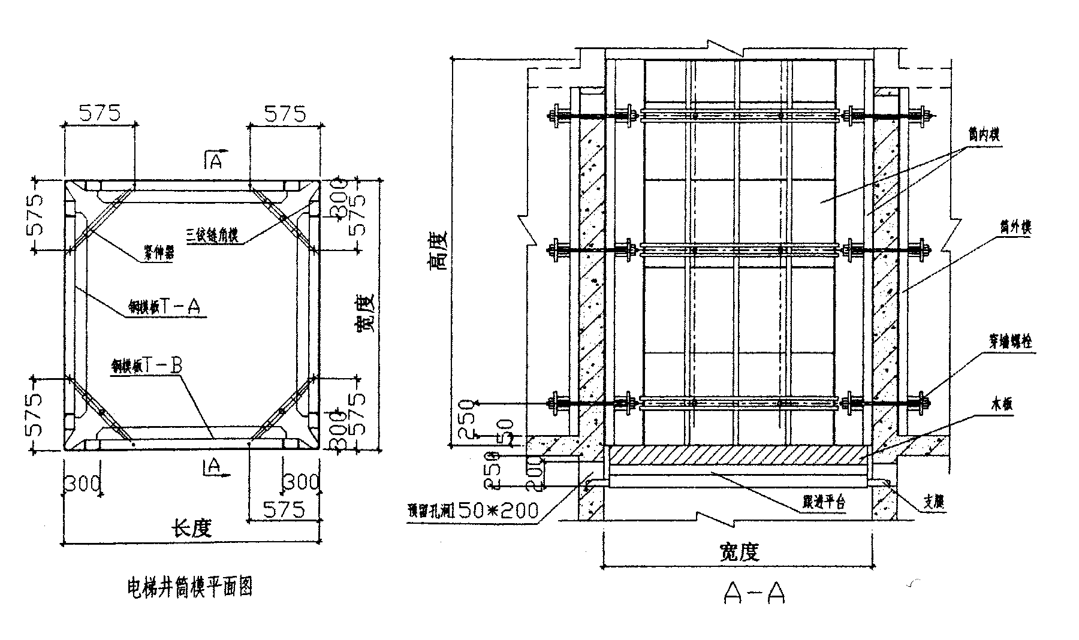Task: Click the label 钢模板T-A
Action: [x=162, y=307]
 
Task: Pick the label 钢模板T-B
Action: [x=146, y=366]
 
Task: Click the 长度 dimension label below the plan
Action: [x=192, y=529]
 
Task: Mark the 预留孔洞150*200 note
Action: [x=473, y=510]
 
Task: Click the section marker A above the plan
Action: [x=215, y=161]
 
